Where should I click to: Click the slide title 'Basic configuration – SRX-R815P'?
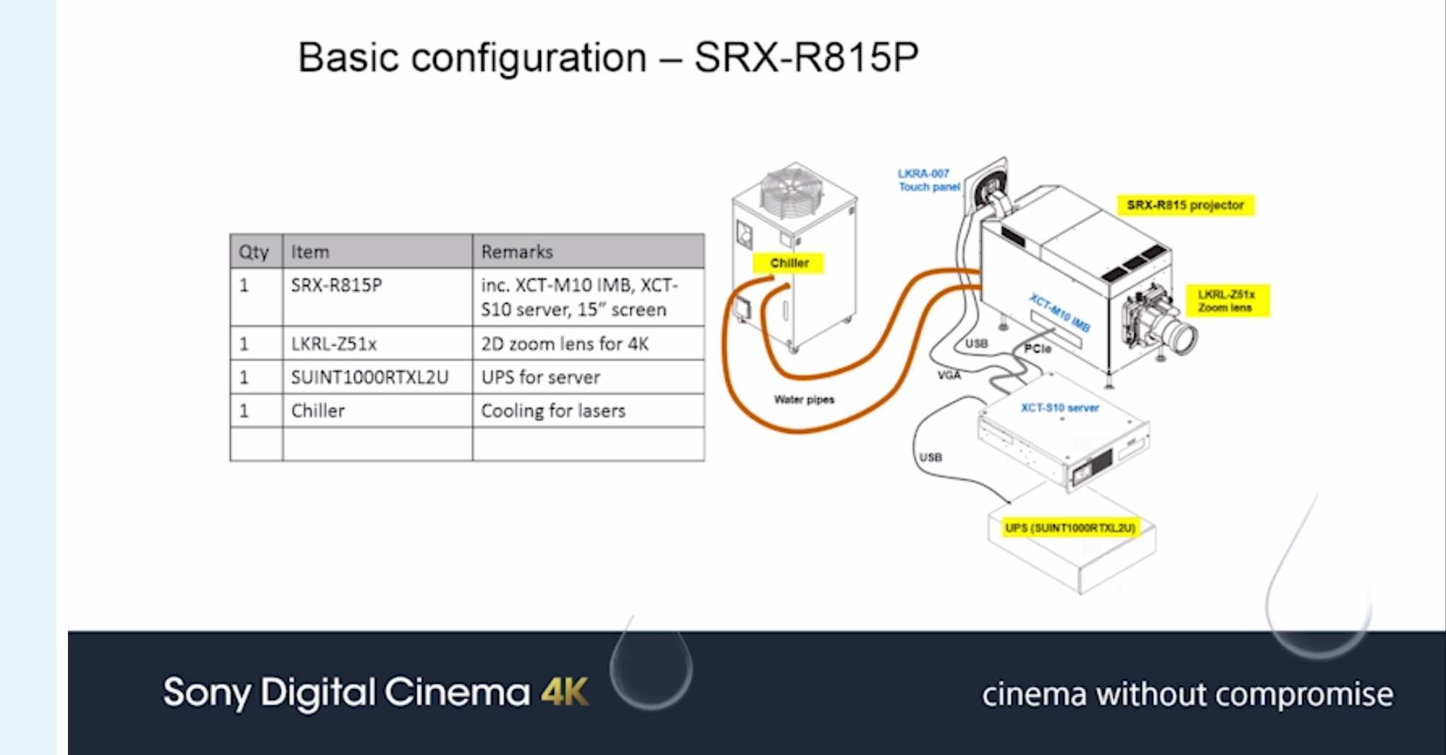pyautogui.click(x=608, y=57)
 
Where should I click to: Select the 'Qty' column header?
pyautogui.click(x=254, y=252)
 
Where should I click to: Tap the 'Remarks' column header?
pyautogui.click(x=517, y=252)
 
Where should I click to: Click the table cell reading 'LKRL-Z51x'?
pyautogui.click(x=334, y=344)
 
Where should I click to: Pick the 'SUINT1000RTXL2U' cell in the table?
pyautogui.click(x=369, y=377)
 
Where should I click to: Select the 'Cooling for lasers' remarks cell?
pyautogui.click(x=553, y=411)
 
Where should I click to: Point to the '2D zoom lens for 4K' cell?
pyautogui.click(x=565, y=344)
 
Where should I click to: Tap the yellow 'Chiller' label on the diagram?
pyautogui.click(x=789, y=263)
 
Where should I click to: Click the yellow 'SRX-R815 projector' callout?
pyautogui.click(x=1185, y=205)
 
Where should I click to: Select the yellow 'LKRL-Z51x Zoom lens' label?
pyautogui.click(x=1226, y=301)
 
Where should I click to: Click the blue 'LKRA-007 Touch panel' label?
pyautogui.click(x=928, y=180)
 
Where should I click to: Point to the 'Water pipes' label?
pyautogui.click(x=804, y=399)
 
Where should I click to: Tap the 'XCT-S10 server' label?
pyautogui.click(x=1060, y=408)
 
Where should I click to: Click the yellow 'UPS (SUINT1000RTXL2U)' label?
pyautogui.click(x=1070, y=528)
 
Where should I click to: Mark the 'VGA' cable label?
pyautogui.click(x=949, y=375)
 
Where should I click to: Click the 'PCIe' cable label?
pyautogui.click(x=1038, y=349)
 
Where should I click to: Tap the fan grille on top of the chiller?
pyautogui.click(x=792, y=190)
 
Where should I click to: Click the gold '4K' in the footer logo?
pyautogui.click(x=565, y=693)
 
